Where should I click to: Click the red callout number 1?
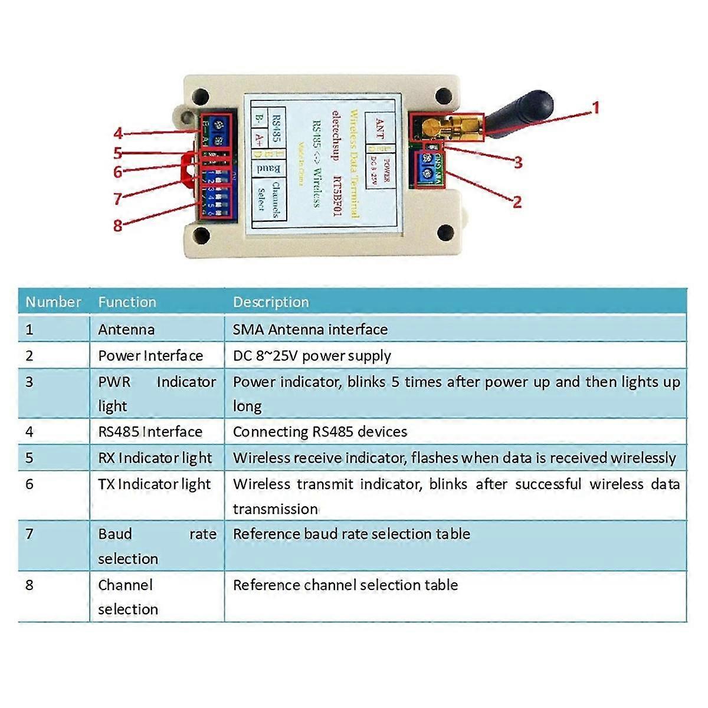click(595, 108)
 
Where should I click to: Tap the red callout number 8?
click(118, 225)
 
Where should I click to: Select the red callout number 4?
click(119, 133)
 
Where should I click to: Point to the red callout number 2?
click(517, 202)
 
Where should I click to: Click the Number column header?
click(53, 302)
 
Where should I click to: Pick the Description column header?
click(271, 302)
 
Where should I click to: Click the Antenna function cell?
click(126, 329)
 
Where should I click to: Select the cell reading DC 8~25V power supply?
click(312, 356)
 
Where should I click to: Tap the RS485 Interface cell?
click(150, 431)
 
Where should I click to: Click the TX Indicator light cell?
click(154, 484)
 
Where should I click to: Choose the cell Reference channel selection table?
click(345, 585)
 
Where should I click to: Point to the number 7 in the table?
click(29, 534)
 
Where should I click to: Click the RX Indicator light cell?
click(155, 458)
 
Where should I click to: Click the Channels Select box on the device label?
click(269, 199)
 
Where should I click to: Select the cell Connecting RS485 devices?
click(320, 431)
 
